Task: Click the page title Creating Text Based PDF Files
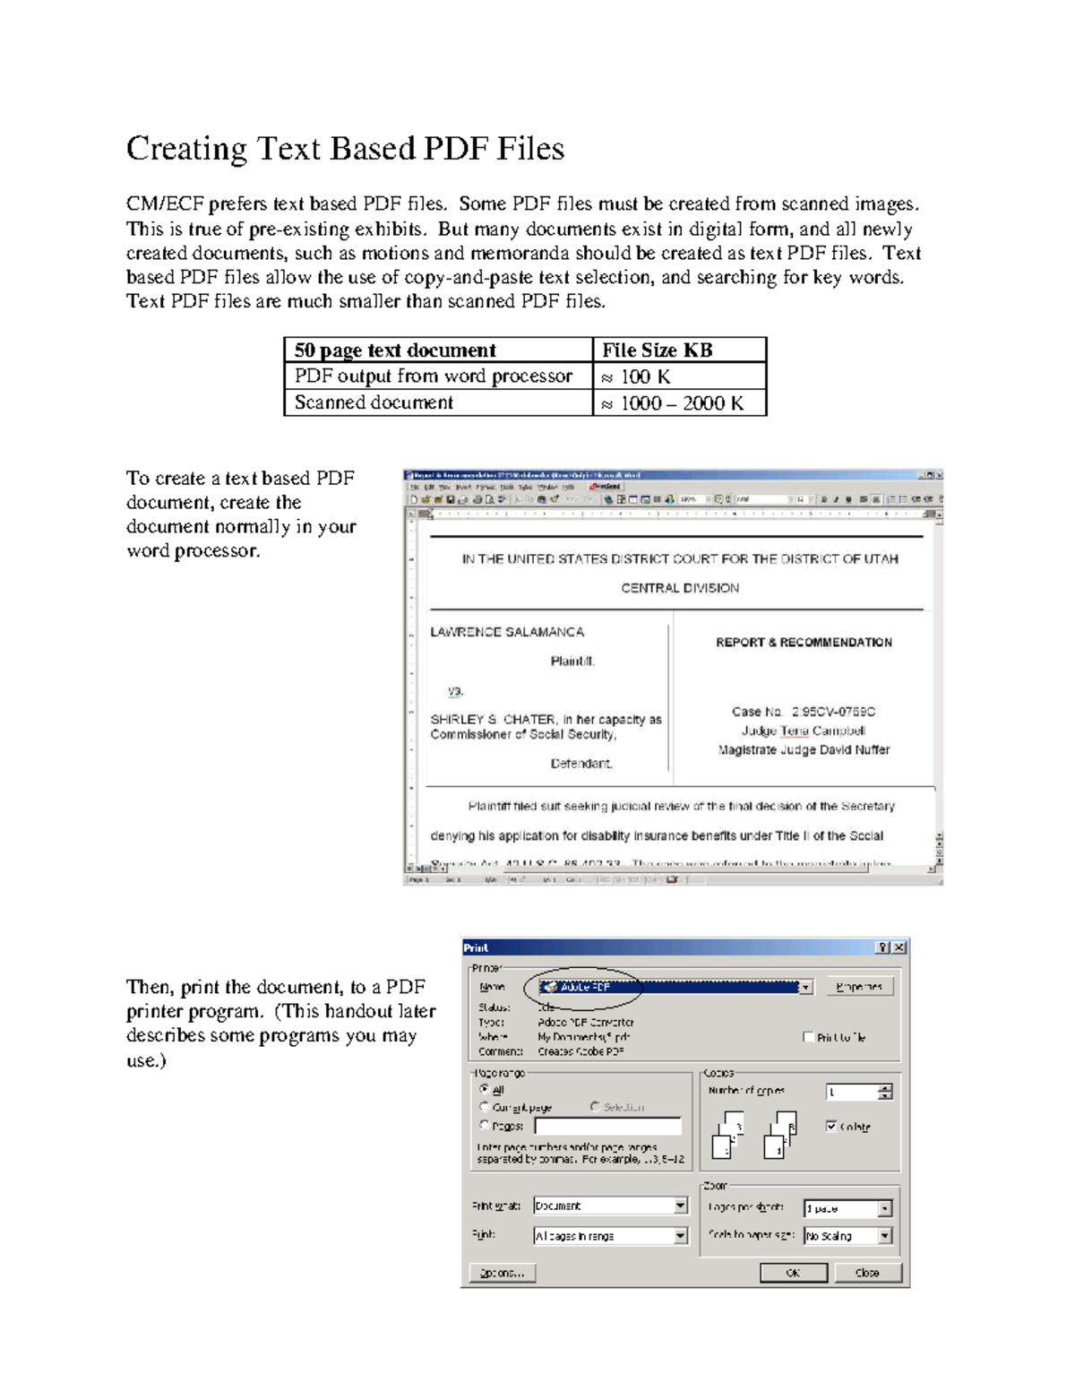coord(345,149)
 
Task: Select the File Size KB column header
coord(657,350)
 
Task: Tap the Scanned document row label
coord(374,402)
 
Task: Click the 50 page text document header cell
coord(394,350)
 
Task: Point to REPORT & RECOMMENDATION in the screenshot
coord(804,643)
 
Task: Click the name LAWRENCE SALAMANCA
coord(507,632)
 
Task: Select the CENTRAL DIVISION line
coord(680,588)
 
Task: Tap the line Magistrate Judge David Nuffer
coord(804,750)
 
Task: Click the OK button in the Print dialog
coord(793,1273)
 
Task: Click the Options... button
coord(503,1273)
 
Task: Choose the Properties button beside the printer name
coord(859,987)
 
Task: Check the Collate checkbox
coord(831,1126)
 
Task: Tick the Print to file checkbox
coord(809,1037)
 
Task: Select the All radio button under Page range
coord(485,1089)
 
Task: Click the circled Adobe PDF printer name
coord(584,987)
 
